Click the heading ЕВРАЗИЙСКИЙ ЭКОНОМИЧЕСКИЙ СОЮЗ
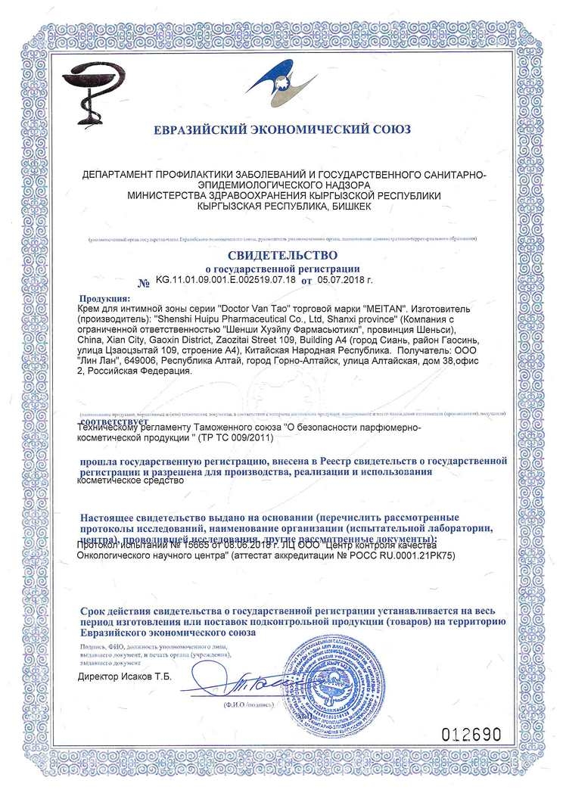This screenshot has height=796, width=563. click(x=282, y=129)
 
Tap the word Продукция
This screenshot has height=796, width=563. click(x=104, y=300)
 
